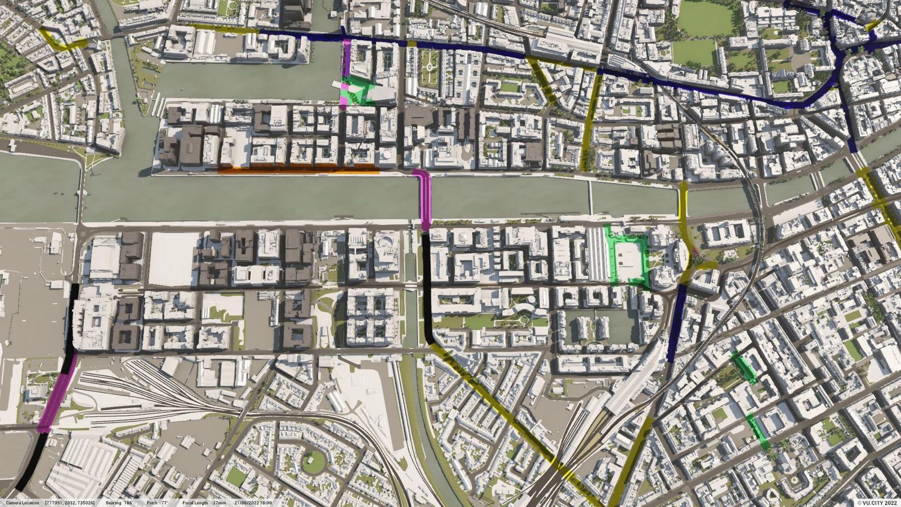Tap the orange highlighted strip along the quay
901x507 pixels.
[x=298, y=169]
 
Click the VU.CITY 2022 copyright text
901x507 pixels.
[x=877, y=502]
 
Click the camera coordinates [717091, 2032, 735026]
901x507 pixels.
[x=70, y=502]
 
